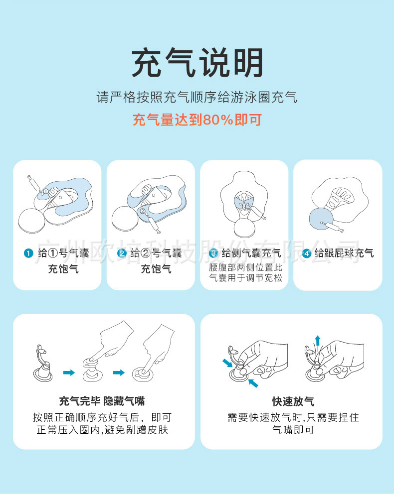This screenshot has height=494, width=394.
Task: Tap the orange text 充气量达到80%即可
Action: point(197,120)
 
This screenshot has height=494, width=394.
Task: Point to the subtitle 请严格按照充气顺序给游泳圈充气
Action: point(197,97)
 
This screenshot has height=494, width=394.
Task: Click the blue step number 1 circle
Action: point(28,253)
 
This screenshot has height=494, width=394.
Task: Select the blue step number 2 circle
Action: point(121,253)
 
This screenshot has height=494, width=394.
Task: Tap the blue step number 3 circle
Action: point(213,253)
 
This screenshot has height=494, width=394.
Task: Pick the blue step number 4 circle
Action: point(306,253)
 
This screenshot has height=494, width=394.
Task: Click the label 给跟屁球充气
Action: point(344,253)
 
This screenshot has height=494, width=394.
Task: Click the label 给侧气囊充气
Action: point(251,253)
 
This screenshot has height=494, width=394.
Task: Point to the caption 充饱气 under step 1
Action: point(63,269)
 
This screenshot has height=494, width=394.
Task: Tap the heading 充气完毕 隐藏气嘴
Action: point(102,401)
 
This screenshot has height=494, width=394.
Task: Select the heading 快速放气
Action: point(293,401)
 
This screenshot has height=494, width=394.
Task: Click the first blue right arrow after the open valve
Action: point(69,372)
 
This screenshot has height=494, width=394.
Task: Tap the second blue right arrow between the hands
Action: point(119,372)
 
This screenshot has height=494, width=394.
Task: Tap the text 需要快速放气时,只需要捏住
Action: point(293,417)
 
